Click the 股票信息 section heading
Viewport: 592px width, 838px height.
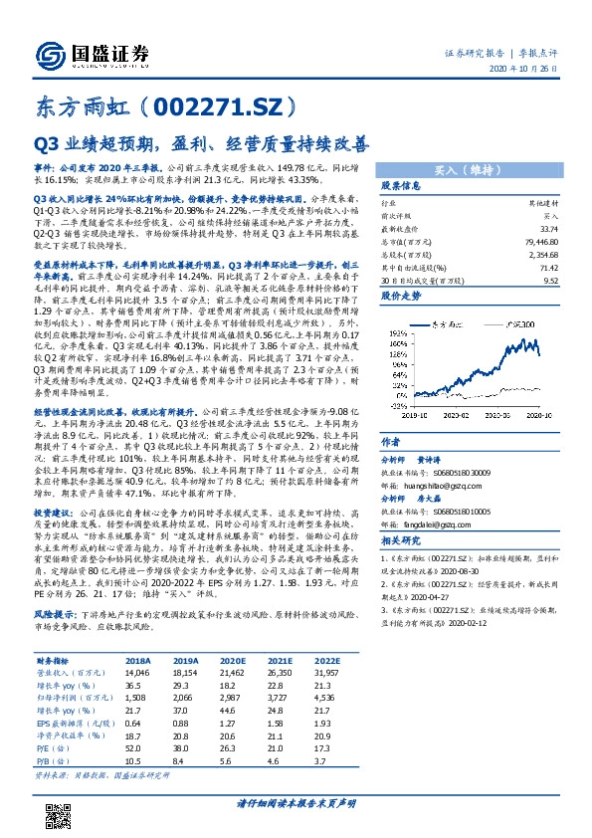click(x=402, y=186)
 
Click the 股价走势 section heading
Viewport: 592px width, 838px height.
click(x=402, y=296)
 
